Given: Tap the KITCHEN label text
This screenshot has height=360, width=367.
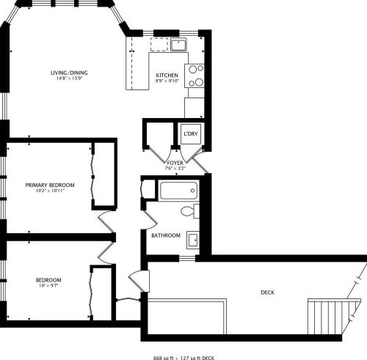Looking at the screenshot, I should coord(167,76).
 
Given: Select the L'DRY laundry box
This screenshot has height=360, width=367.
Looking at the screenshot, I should coord(191,135).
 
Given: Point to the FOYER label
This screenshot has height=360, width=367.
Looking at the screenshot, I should coord(175,162).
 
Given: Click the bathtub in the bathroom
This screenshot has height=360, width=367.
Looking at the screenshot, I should coord(178,193).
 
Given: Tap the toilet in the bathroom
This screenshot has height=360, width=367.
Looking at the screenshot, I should coord(189,213).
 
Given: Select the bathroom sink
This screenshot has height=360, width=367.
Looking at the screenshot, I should coord(192,239).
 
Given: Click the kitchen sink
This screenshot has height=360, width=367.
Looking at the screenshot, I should coord(176,45).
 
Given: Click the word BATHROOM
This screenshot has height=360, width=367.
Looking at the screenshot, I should coord(165,235).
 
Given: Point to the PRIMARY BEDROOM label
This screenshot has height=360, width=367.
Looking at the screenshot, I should coord(50,185).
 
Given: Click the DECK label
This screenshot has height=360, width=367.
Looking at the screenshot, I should coord(267,293).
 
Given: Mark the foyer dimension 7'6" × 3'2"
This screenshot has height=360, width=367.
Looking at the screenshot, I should coord(175,169).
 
